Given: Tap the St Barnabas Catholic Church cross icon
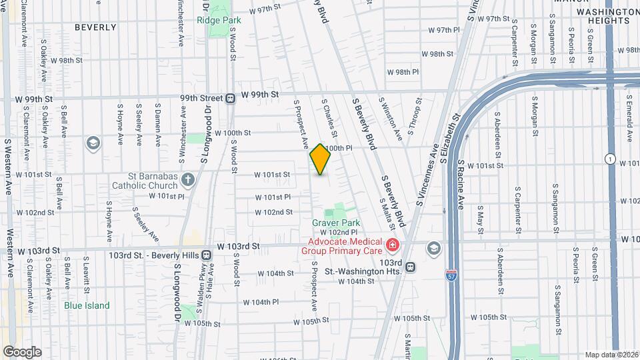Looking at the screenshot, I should tap(188, 179).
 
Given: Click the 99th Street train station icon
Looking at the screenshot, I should tap(229, 98).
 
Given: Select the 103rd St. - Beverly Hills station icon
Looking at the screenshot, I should tap(207, 255).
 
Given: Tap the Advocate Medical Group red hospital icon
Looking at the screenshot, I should tap(393, 246).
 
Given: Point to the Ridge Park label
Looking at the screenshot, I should tap(219, 20).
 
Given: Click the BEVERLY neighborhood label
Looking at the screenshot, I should tap(95, 28).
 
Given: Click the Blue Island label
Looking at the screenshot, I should tap(87, 306).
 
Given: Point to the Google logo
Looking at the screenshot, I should tap(21, 352).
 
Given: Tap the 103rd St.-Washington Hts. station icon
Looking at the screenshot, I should tap(411, 267).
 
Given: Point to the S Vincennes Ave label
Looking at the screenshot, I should tap(427, 177).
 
